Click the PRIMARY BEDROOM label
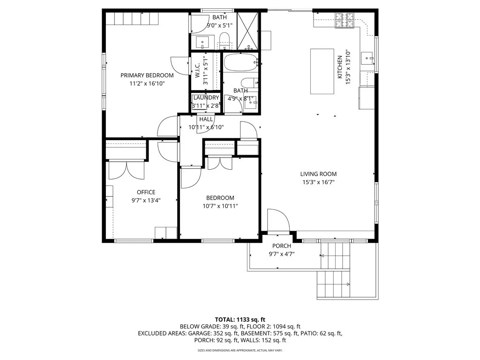pyautogui.click(x=147, y=75)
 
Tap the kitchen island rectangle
pyautogui.click(x=322, y=71)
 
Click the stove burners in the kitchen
pyautogui.click(x=345, y=20)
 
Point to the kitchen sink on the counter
pyautogui.click(x=367, y=59)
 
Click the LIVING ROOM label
pyautogui.click(x=318, y=174)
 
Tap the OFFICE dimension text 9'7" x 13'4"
pyautogui.click(x=146, y=201)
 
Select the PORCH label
pyautogui.click(x=282, y=246)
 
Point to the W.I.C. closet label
pyautogui.click(x=197, y=70)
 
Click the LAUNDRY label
pyautogui.click(x=206, y=97)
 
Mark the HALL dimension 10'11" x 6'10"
pyautogui.click(x=206, y=127)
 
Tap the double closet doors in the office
pyautogui.click(x=126, y=170)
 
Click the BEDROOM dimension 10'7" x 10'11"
pyautogui.click(x=220, y=206)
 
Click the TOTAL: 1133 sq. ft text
pyautogui.click(x=240, y=320)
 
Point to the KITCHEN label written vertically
pyautogui.click(x=340, y=67)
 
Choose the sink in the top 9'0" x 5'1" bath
pyautogui.click(x=202, y=42)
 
